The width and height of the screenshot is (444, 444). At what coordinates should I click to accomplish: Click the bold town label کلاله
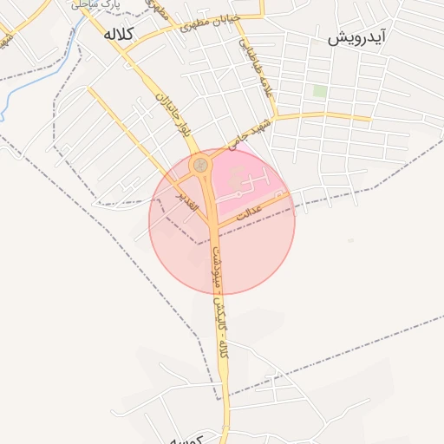117,35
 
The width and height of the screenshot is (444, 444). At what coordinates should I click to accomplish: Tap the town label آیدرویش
356,39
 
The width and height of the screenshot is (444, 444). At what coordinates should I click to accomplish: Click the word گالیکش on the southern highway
219,306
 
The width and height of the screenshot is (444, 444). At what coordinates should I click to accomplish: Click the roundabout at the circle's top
201,162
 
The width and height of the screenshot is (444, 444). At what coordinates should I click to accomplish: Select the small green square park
320,91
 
